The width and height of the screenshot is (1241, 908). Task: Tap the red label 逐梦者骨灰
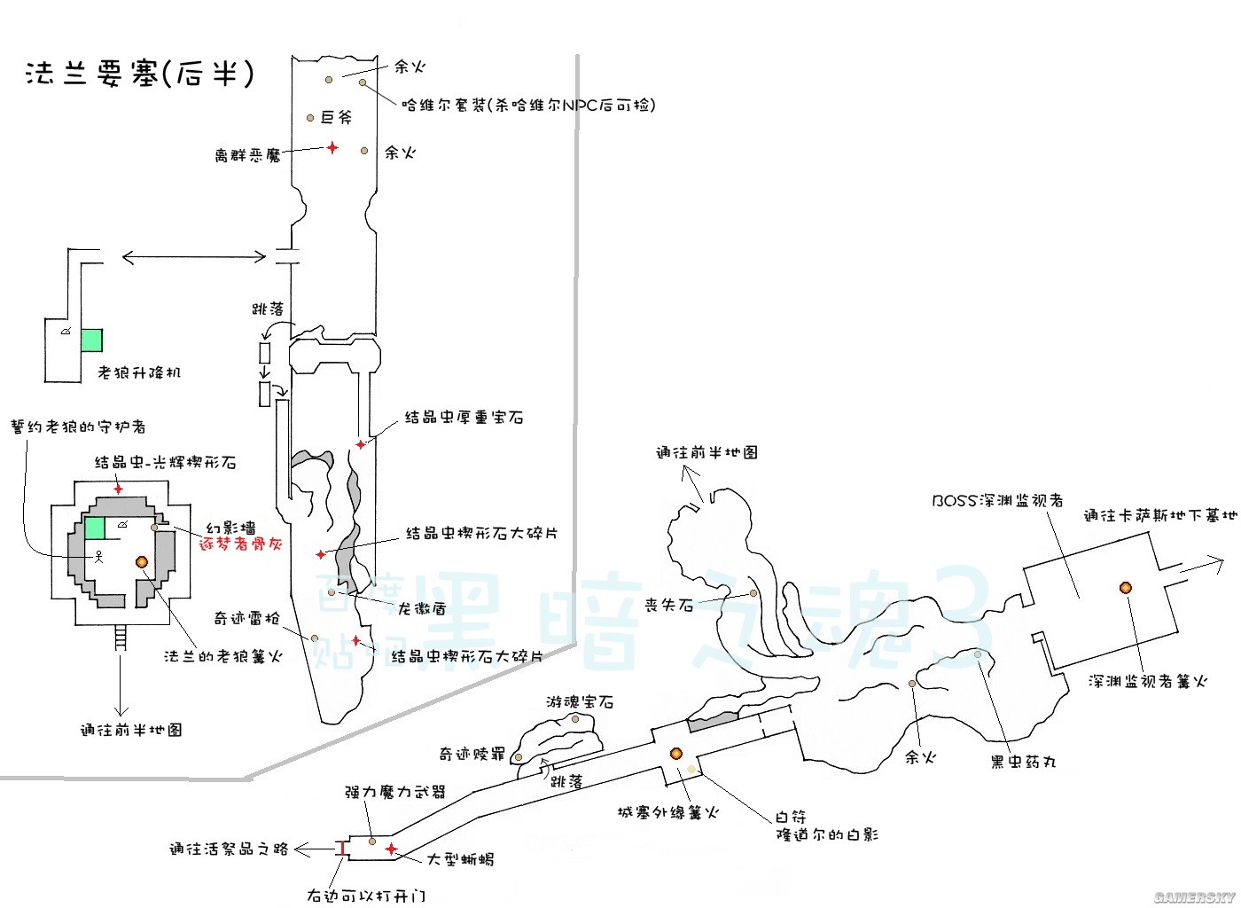[241, 544]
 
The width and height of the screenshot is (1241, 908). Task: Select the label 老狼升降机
[139, 372]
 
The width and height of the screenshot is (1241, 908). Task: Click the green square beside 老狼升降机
[91, 340]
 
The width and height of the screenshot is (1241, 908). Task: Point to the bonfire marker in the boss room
[1125, 587]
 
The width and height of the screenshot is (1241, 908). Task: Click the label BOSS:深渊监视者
[997, 500]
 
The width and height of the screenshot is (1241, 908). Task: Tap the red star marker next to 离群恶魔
[332, 147]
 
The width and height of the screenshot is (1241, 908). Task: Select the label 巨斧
[337, 117]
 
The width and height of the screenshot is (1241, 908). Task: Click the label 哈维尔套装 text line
[528, 105]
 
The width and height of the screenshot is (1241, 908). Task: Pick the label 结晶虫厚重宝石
[464, 417]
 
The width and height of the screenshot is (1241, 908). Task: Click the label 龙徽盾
[422, 608]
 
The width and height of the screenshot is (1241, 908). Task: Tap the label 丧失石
[668, 605]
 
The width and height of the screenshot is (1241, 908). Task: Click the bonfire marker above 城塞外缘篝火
[675, 754]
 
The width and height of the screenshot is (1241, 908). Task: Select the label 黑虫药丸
[1023, 761]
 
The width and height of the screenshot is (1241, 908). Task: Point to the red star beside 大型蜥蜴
[391, 849]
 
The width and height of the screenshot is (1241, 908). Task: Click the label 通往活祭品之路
[230, 849]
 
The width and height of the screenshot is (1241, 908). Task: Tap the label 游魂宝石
[580, 701]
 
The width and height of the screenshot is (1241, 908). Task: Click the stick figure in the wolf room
[99, 557]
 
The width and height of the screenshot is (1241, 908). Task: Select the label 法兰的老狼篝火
[223, 656]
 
